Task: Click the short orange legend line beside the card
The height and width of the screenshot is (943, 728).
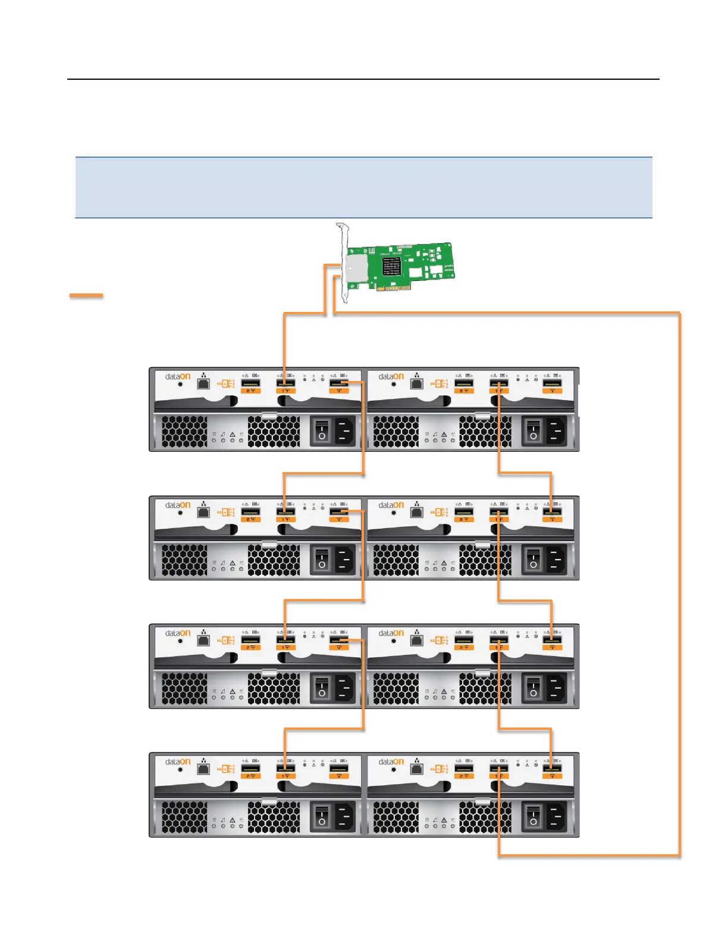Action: click(x=86, y=295)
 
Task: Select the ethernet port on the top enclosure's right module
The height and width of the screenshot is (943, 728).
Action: click(x=417, y=383)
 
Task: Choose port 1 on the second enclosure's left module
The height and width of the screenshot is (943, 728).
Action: click(x=286, y=512)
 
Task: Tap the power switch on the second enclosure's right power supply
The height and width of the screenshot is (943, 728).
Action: click(x=533, y=559)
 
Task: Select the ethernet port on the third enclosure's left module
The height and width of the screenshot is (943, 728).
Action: click(x=203, y=641)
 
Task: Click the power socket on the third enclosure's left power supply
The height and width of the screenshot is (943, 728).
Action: click(x=343, y=688)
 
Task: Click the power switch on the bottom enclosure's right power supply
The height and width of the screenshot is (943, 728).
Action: click(x=533, y=816)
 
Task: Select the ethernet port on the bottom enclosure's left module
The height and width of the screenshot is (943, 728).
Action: click(x=203, y=769)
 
